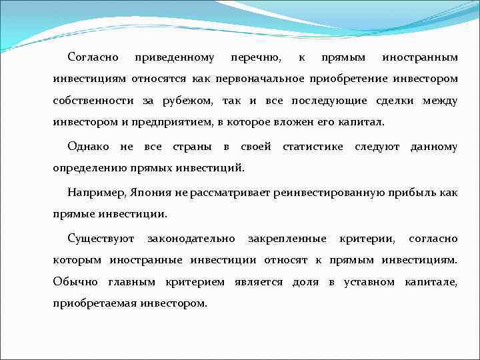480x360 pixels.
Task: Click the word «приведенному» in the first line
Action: click(174, 58)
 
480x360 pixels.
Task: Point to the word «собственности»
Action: click(94, 101)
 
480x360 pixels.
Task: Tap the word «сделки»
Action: click(397, 101)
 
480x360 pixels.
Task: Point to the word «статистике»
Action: click(313, 147)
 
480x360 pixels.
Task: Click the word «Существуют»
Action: click(101, 238)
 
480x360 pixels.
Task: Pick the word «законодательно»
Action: click(191, 238)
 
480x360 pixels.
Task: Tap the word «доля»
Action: click(306, 282)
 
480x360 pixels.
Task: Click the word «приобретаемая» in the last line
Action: click(95, 303)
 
